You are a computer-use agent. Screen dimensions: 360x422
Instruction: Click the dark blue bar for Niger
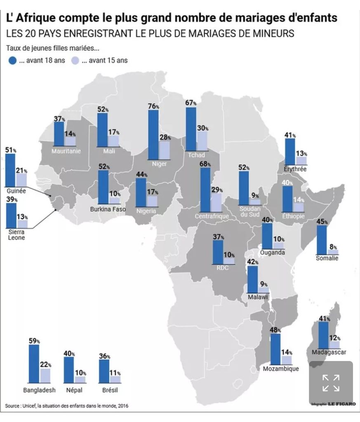[x=153, y=135]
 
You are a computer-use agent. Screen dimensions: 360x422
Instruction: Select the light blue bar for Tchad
[x=202, y=141]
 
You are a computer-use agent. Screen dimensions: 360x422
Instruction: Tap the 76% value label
[x=153, y=106]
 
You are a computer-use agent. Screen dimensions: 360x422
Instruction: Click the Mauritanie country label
[x=66, y=151]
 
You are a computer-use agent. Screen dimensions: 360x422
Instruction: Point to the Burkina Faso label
[x=108, y=209]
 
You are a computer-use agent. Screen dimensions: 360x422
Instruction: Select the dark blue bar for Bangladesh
[x=34, y=363]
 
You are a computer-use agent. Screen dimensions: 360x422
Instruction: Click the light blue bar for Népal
[x=80, y=380]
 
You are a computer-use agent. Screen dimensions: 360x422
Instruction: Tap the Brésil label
[x=110, y=390]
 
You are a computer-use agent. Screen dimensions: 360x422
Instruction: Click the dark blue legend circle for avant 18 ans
[x=12, y=61]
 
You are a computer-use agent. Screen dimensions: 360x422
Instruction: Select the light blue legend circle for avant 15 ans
[x=75, y=61]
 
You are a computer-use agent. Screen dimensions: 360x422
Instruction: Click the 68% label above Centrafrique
[x=205, y=164]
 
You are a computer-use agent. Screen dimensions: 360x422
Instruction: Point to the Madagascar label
[x=329, y=352]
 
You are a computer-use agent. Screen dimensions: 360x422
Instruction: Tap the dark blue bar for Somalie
[x=322, y=240]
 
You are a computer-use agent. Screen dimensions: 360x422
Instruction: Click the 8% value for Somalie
[x=333, y=247]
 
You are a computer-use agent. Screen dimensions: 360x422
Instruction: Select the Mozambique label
[x=281, y=369]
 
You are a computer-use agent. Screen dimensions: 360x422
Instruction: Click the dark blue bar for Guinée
[x=10, y=170]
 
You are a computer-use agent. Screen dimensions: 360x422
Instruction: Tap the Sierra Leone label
[x=16, y=234]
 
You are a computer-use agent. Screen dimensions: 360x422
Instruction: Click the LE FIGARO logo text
[x=341, y=404]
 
